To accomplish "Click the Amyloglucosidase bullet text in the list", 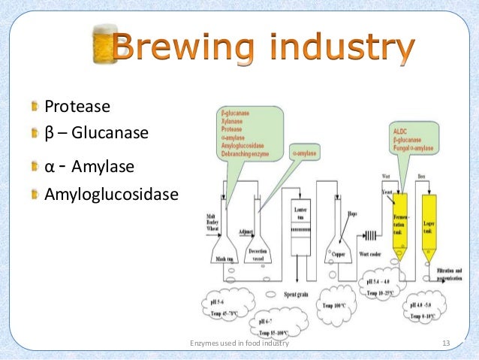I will click(112, 195).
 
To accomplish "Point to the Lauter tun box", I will click(300, 225).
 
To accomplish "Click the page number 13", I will click(446, 343).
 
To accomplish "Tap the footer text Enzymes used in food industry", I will click(238, 343).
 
